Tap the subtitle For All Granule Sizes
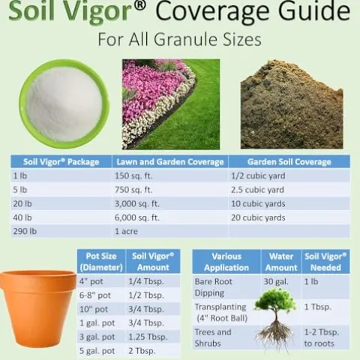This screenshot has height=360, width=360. click(x=180, y=39)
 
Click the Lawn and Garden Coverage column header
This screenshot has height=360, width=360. click(x=169, y=161)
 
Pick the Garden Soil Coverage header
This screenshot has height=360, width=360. click(x=281, y=161)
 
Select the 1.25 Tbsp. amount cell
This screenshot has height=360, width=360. click(x=148, y=337)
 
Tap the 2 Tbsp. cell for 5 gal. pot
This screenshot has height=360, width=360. click(x=142, y=351)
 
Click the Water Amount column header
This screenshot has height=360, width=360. click(x=281, y=262)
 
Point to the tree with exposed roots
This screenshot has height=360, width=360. click(x=274, y=319)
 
